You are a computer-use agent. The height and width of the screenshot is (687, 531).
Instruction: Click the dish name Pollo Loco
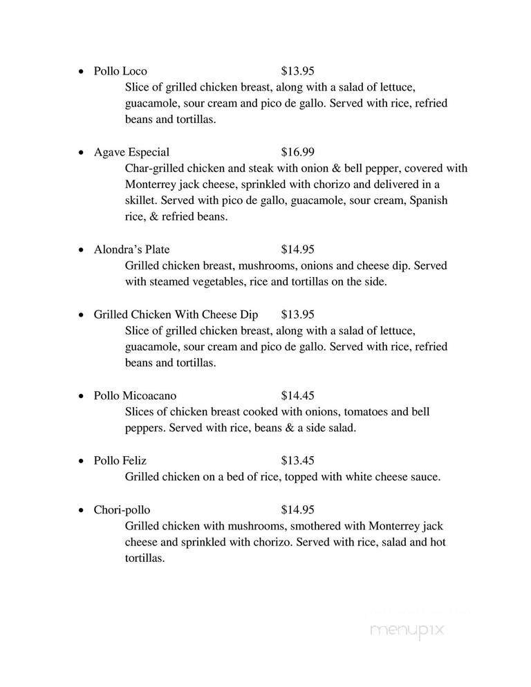click(120, 71)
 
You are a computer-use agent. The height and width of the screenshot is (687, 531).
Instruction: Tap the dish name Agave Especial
click(131, 152)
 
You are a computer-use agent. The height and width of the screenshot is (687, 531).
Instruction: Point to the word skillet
click(141, 200)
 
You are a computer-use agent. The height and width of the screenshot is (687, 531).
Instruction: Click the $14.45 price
click(298, 396)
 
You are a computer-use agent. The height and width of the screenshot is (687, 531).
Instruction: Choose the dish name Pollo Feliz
click(120, 460)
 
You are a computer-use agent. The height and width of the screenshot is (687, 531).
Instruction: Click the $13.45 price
click(298, 460)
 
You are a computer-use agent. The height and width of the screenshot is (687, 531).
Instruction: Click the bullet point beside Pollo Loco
click(82, 72)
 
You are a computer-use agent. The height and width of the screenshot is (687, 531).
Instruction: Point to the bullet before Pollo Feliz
click(82, 461)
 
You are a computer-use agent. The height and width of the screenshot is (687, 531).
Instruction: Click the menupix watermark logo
click(407, 630)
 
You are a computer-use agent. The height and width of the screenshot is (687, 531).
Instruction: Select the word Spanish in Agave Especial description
click(429, 200)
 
